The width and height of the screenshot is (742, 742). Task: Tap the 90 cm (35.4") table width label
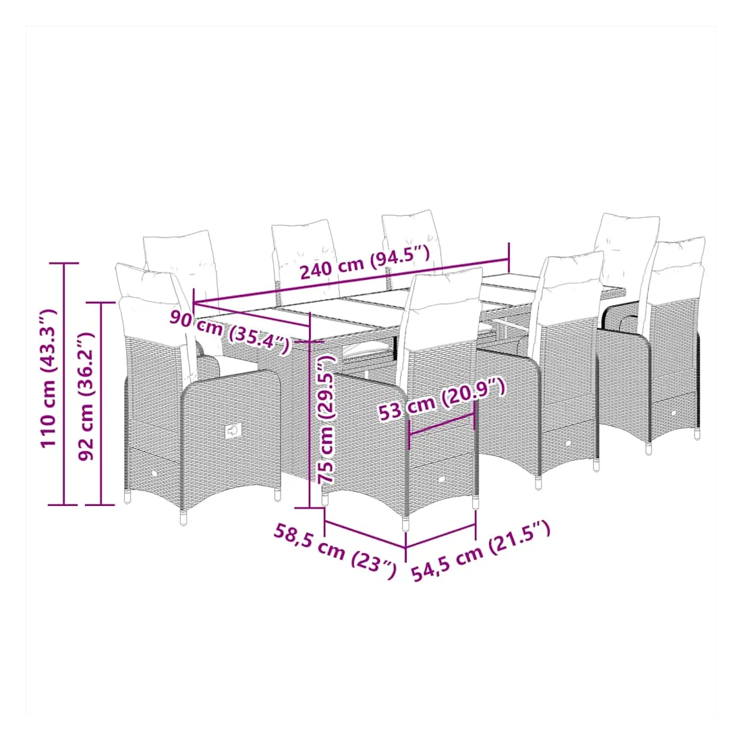coord(230,331)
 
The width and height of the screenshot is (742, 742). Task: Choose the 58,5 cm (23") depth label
coord(335,551)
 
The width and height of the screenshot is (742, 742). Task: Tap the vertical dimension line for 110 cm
coord(63,384)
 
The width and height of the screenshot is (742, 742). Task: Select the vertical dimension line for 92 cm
coord(101,403)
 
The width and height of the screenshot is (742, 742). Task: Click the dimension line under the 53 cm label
coord(441,424)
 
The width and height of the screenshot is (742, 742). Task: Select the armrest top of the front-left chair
coord(228,378)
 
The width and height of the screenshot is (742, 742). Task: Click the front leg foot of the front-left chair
coord(183,519)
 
